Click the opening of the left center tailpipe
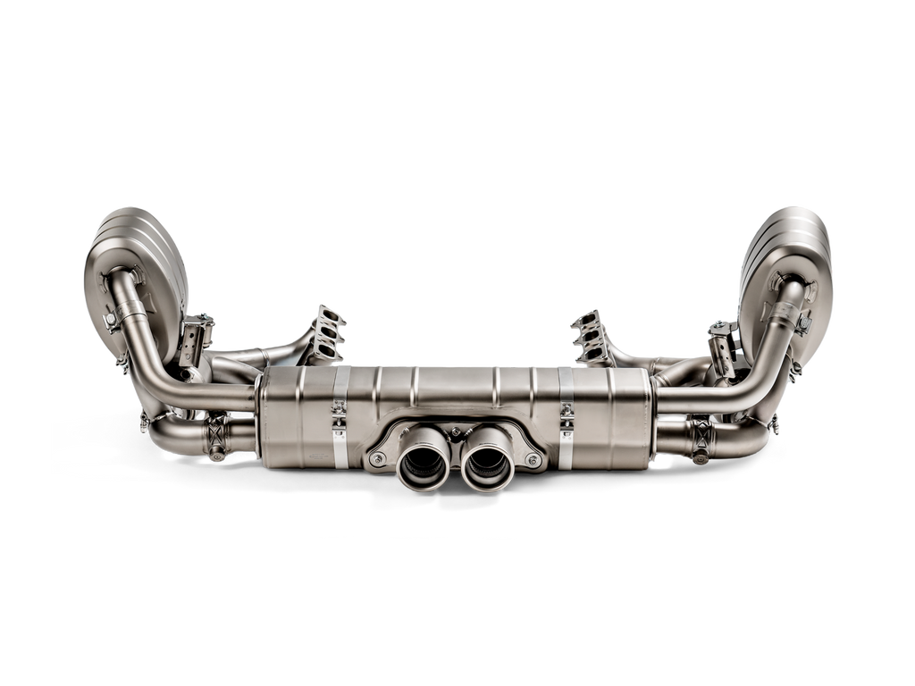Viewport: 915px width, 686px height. pyautogui.click(x=423, y=464)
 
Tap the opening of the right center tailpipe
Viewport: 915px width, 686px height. pyautogui.click(x=488, y=464)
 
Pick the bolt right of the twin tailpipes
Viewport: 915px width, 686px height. pyautogui.click(x=533, y=459)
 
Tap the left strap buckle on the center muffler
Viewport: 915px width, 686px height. pyautogui.click(x=339, y=413)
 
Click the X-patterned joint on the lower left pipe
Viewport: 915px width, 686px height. pyautogui.click(x=217, y=435)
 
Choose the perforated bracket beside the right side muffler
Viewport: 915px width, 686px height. pyautogui.click(x=720, y=345)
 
